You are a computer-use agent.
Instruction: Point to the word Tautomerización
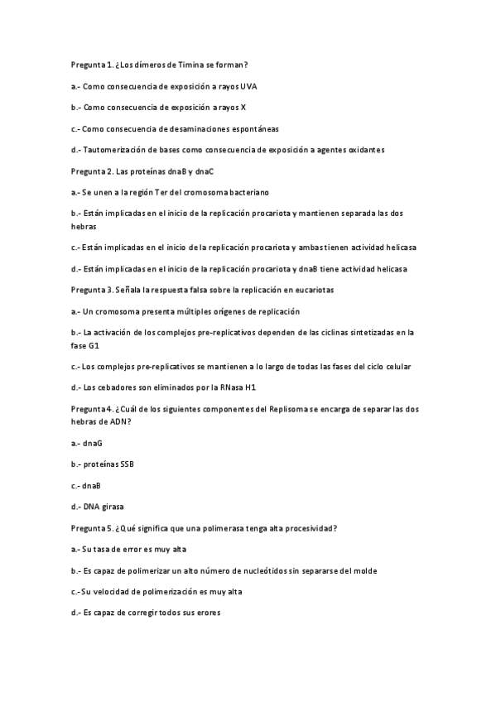tap(118, 150)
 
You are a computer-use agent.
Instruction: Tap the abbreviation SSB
tap(126, 464)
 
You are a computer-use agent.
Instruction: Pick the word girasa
tap(113, 507)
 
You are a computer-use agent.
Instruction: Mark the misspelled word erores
tap(207, 613)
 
